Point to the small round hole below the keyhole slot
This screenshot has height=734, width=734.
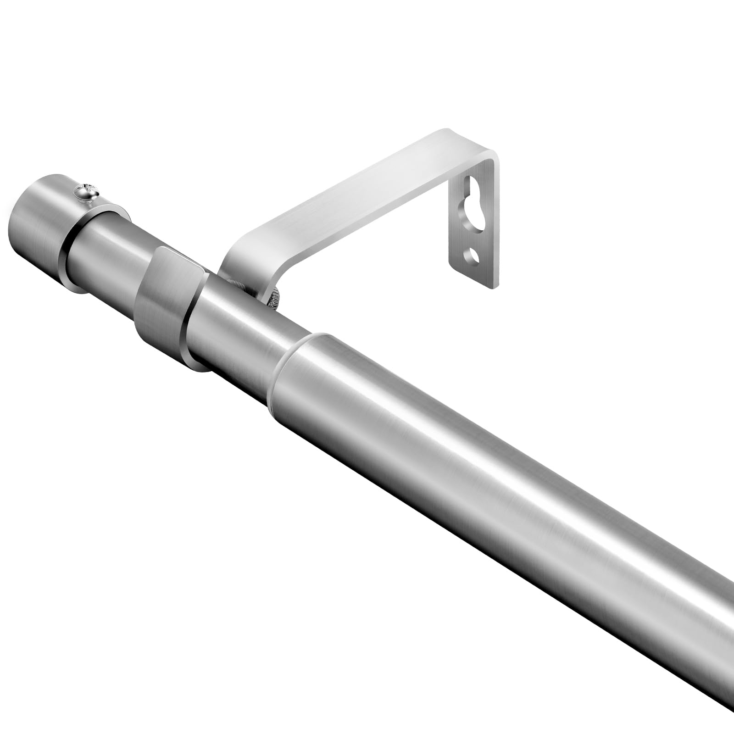[x=473, y=255]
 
